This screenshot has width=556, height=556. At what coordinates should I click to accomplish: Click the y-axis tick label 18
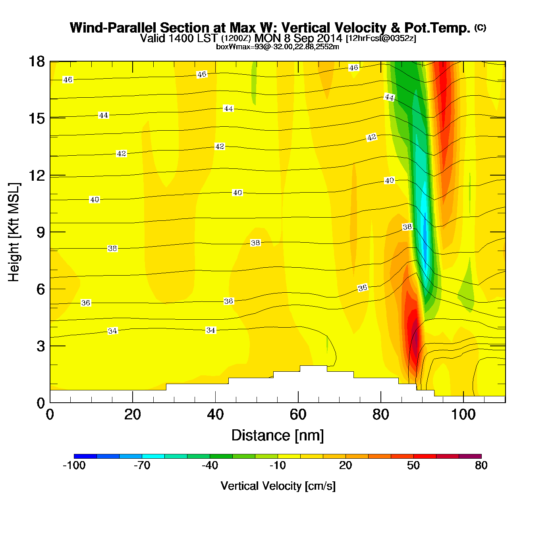point(37,62)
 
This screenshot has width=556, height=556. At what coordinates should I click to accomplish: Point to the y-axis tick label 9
point(41,232)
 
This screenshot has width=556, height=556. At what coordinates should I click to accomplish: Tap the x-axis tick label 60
point(298,415)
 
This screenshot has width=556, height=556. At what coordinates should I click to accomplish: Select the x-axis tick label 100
point(463,415)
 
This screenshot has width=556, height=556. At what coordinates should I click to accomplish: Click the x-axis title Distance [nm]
point(278,436)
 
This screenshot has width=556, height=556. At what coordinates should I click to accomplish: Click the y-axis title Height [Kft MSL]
point(14,232)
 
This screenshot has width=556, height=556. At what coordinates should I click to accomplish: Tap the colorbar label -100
point(74,465)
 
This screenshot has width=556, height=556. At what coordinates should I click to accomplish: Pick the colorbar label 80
point(481,465)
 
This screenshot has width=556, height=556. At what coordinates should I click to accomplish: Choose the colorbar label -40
point(210,465)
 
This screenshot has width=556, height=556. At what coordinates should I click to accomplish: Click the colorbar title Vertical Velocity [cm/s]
point(278,486)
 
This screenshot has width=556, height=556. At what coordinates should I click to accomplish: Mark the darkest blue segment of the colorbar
point(85,456)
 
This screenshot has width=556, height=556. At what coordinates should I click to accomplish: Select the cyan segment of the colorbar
point(153,456)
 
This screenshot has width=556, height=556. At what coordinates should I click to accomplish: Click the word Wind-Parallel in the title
point(113,28)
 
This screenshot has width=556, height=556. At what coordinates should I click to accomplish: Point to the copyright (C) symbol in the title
point(480,27)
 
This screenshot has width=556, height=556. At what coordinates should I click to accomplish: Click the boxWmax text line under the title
point(278,47)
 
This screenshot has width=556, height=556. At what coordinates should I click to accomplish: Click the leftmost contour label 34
point(113,331)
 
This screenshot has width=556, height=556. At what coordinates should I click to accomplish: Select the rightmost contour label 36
point(363,288)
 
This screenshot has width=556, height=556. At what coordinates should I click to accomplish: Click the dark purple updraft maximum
point(414,338)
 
